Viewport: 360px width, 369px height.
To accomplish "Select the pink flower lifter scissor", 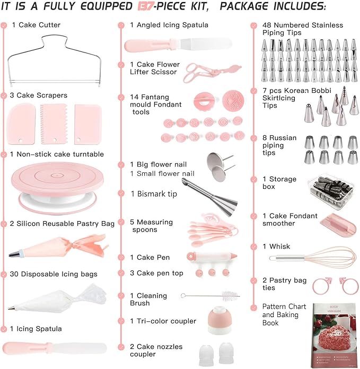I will point(204,72).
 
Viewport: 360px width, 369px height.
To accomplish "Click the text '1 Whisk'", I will point(277,247).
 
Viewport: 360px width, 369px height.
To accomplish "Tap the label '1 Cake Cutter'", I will point(36,25).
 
